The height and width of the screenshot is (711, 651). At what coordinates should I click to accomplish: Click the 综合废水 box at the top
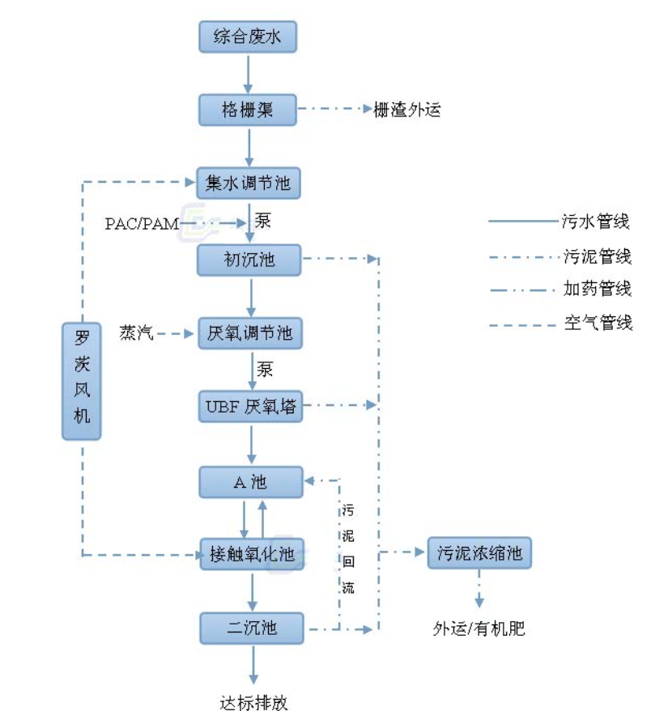pos(249,37)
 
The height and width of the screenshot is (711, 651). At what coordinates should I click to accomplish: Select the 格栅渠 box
pos(249,109)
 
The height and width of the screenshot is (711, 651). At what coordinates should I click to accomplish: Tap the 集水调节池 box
pos(249,184)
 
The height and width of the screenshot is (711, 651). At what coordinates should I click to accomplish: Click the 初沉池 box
pos(249,260)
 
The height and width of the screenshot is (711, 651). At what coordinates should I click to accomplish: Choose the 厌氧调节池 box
pos(249,333)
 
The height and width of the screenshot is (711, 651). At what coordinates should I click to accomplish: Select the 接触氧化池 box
pos(252,555)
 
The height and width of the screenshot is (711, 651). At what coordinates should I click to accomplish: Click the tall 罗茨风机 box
pos(82,380)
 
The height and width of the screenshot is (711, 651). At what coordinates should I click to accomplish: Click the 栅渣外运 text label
pos(406,110)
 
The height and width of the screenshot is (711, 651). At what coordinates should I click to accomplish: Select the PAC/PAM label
pos(142,224)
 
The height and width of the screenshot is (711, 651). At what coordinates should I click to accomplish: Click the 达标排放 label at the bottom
pos(253,701)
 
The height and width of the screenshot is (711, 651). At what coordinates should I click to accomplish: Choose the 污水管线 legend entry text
pos(596,221)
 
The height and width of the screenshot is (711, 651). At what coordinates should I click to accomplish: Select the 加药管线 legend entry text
pos(597,289)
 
